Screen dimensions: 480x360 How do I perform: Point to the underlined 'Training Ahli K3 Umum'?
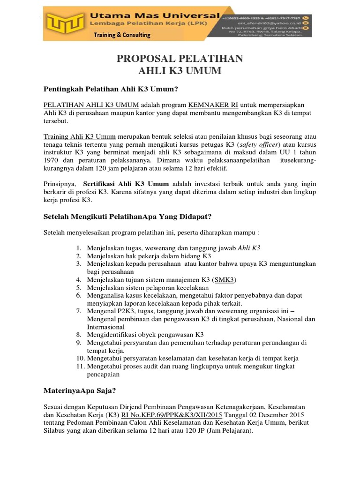click(79, 137)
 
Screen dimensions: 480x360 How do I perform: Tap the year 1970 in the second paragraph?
click(52, 160)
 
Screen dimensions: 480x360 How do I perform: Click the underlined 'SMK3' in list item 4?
click(225, 280)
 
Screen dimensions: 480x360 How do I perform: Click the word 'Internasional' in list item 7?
click(106, 327)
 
